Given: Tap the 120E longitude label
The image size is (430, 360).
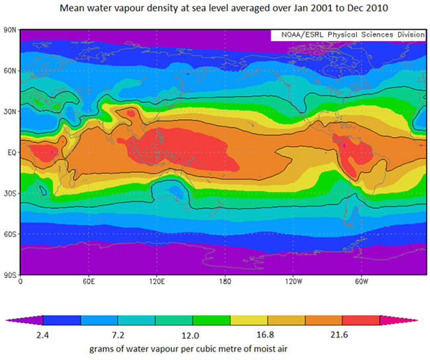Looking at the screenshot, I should (x=156, y=282).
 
